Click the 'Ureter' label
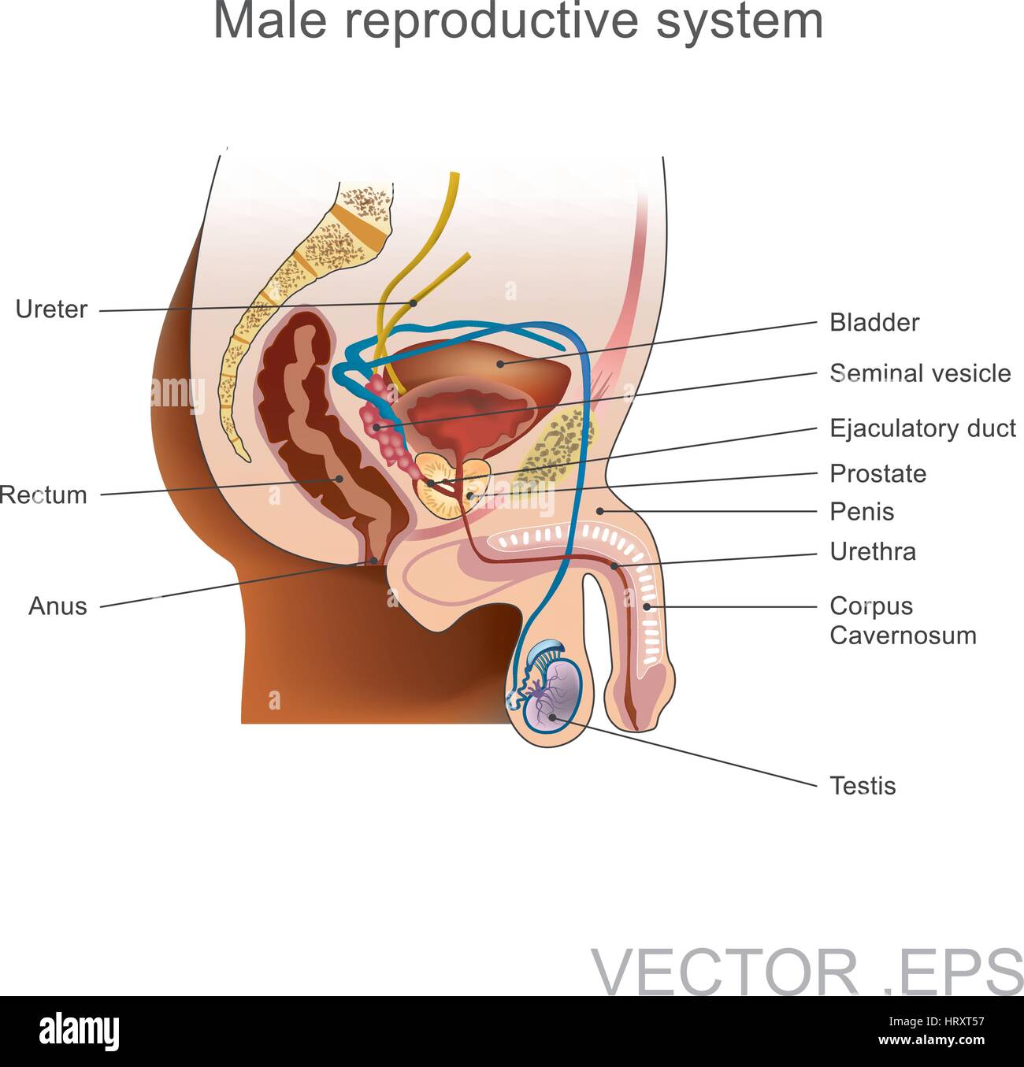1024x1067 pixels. pyautogui.click(x=51, y=309)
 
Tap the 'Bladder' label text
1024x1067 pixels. pyautogui.click(x=874, y=323)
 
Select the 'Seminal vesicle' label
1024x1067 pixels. pyautogui.click(x=920, y=373)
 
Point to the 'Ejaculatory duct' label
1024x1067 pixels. pyautogui.click(x=922, y=428)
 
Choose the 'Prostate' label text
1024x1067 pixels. pyautogui.click(x=877, y=474)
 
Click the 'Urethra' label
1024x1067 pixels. pyautogui.click(x=873, y=552)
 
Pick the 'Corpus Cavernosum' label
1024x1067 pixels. pyautogui.click(x=902, y=621)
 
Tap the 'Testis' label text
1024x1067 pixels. pyautogui.click(x=863, y=786)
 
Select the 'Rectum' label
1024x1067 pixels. pyautogui.click(x=43, y=495)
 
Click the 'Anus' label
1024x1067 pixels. pyautogui.click(x=58, y=606)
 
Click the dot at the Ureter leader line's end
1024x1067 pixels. pyautogui.click(x=413, y=302)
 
